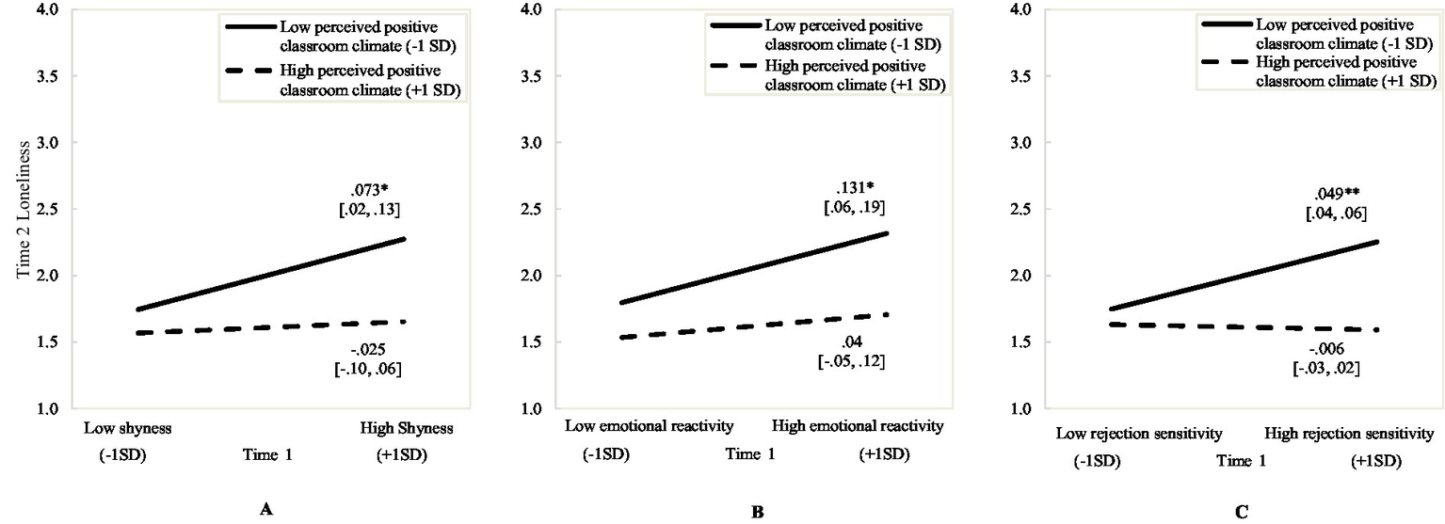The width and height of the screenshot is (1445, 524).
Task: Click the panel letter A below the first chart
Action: (x=265, y=511)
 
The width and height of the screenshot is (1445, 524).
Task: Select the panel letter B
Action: (x=757, y=512)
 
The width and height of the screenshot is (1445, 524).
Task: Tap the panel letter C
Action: (x=1242, y=512)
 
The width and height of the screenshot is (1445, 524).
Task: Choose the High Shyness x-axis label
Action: (x=407, y=428)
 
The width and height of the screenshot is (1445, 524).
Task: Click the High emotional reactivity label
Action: (x=857, y=426)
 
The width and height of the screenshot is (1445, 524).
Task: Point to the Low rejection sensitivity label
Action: (x=1137, y=434)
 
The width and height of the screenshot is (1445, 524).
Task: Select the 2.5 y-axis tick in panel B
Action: (x=532, y=209)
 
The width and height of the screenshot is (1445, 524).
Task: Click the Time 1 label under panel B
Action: (x=751, y=454)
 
